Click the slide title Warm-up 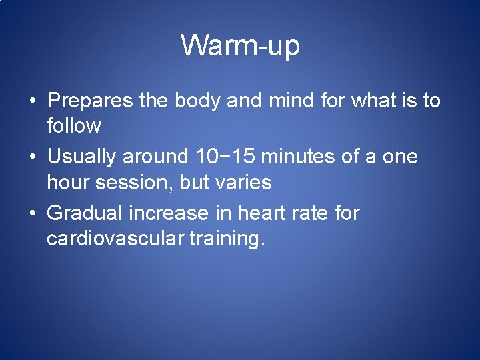(x=240, y=46)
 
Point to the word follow (x=74, y=125)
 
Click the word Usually (x=83, y=158)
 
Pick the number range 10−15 (x=227, y=157)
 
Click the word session (x=135, y=182)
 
